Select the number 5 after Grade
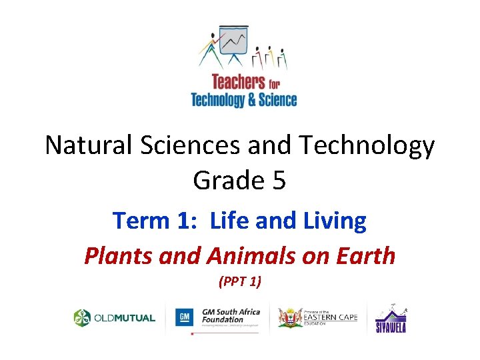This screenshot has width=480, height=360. [278, 179]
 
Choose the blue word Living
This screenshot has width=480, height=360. [333, 221]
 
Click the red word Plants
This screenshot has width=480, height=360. [113, 255]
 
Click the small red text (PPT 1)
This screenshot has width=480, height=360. [240, 282]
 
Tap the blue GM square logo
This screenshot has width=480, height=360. [184, 317]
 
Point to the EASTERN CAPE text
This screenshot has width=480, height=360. [331, 317]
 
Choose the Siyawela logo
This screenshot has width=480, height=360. [391, 319]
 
